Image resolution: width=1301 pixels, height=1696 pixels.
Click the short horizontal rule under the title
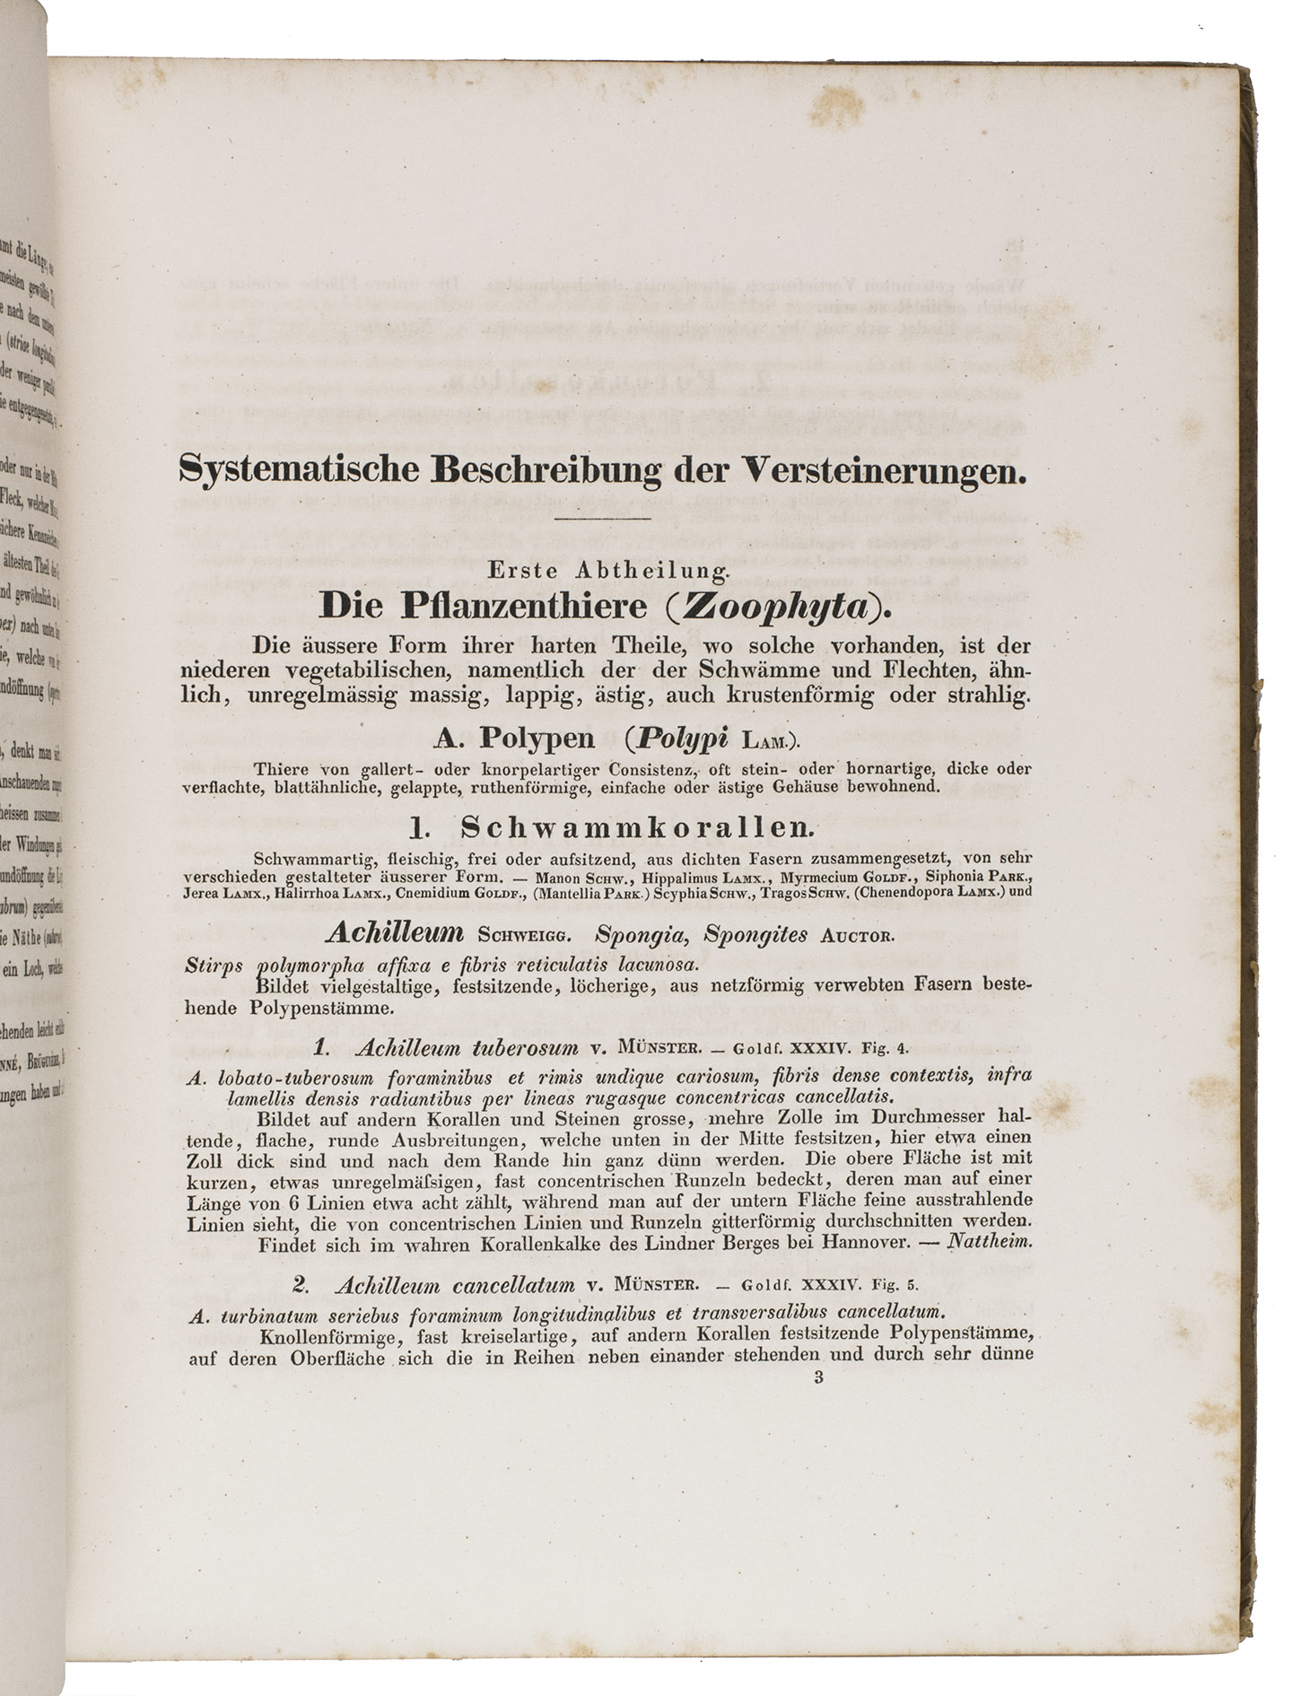602,519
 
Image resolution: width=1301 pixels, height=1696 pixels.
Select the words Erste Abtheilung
608,569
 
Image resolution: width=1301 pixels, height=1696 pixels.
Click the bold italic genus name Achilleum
395,934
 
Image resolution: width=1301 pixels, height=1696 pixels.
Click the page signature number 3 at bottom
818,1377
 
